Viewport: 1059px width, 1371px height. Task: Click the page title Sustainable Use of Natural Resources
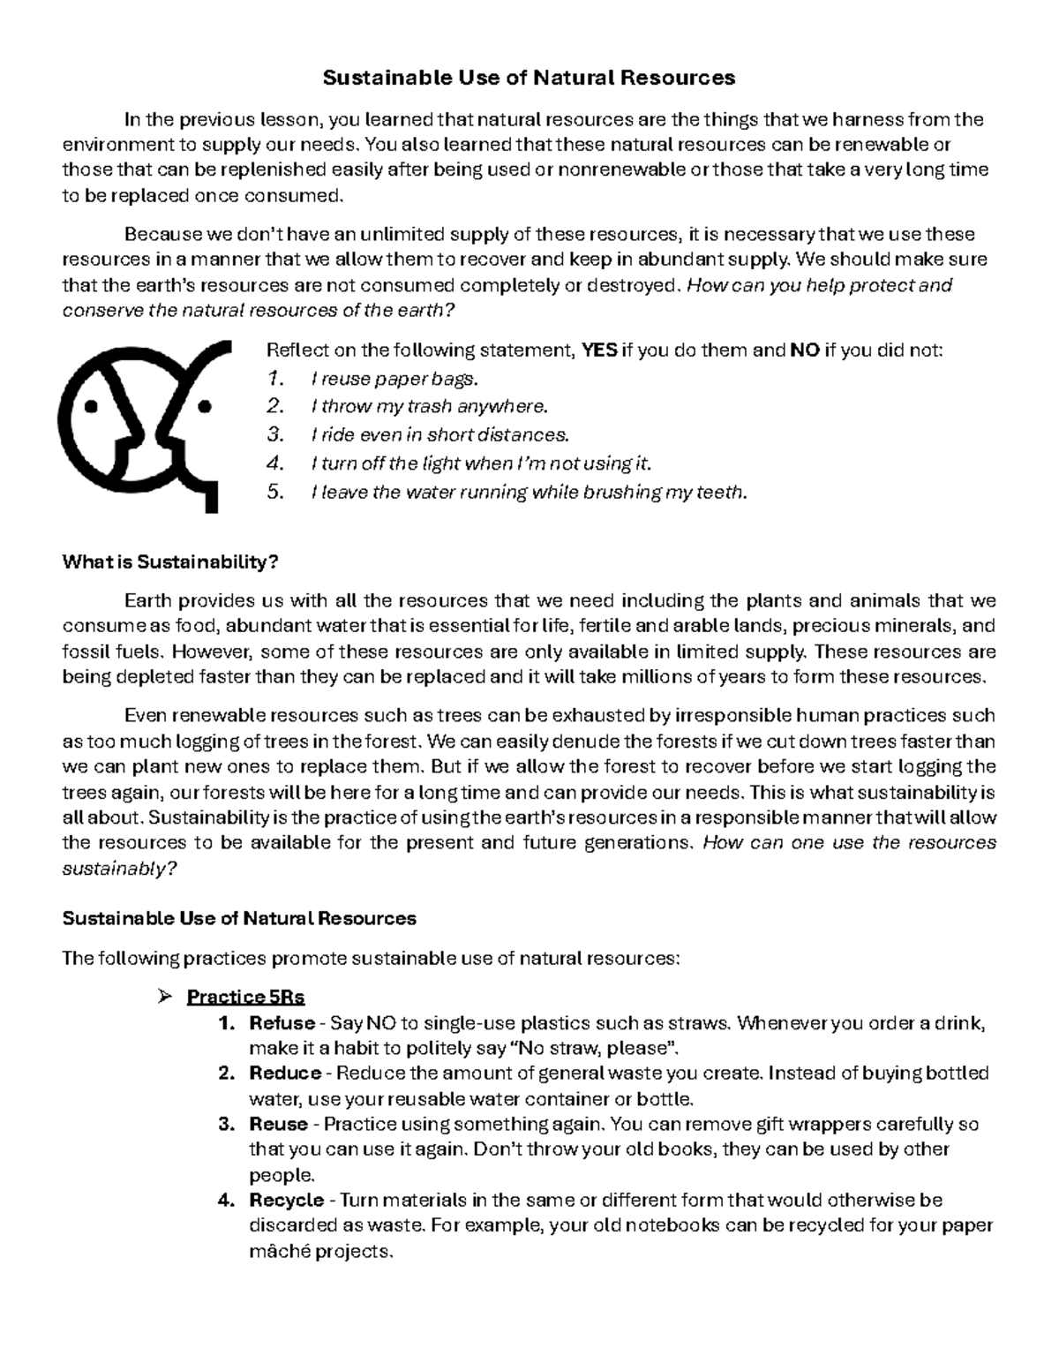tap(529, 78)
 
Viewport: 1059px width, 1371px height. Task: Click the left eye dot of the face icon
tap(90, 407)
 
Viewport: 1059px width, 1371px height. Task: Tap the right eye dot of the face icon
tap(205, 407)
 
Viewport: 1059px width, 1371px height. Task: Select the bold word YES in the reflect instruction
tap(600, 350)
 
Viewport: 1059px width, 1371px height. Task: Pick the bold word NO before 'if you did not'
tap(804, 350)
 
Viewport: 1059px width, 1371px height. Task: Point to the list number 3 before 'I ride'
tap(275, 435)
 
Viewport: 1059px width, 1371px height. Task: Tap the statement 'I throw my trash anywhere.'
tap(429, 407)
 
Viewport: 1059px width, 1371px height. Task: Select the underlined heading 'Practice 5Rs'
tap(245, 998)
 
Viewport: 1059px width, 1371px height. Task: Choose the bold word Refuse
tap(282, 1023)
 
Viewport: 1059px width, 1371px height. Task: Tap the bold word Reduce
tap(285, 1073)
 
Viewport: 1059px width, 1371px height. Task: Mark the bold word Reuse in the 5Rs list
tap(279, 1125)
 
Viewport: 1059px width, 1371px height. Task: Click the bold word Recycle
tap(287, 1201)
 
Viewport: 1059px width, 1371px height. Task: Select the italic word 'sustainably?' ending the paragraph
tap(119, 869)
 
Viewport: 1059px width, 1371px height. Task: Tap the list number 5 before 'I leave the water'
tap(275, 492)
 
